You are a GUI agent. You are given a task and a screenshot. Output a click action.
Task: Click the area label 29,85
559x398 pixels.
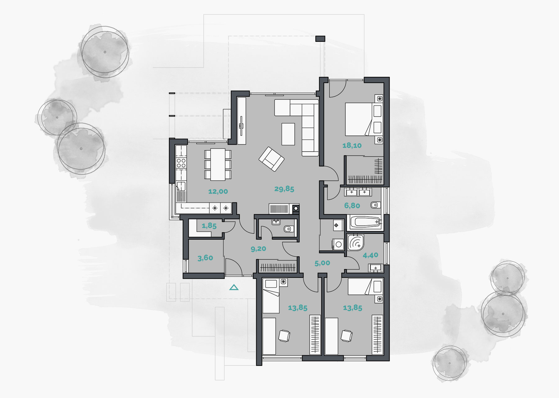pyautogui.click(x=284, y=189)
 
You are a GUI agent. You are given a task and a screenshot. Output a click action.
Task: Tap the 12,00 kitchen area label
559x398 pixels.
pyautogui.click(x=218, y=192)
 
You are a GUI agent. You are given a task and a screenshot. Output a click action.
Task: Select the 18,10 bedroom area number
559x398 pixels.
pyautogui.click(x=352, y=145)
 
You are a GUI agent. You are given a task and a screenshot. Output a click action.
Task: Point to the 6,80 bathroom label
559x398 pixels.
pyautogui.click(x=352, y=206)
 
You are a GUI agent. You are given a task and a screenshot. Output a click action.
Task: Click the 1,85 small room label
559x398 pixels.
pyautogui.click(x=209, y=226)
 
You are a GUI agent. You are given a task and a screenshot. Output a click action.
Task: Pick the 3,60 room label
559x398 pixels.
pyautogui.click(x=205, y=258)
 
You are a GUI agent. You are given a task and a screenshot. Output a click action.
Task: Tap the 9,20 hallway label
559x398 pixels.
pyautogui.click(x=258, y=249)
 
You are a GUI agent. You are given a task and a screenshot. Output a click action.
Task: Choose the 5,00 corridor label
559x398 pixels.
pyautogui.click(x=322, y=263)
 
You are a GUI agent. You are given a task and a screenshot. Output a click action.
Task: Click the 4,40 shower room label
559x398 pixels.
pyautogui.click(x=370, y=255)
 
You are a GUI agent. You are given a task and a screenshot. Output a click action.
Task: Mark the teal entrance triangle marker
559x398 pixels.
pyautogui.click(x=234, y=288)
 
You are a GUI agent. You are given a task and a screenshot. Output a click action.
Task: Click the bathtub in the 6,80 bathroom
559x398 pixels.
pyautogui.click(x=365, y=222)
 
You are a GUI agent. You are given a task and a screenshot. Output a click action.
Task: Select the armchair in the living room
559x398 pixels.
pyautogui.click(x=271, y=159)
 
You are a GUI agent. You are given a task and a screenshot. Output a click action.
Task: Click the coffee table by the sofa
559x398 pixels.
pyautogui.click(x=288, y=134)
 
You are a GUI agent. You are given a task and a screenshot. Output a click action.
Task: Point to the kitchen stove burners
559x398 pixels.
pyautogui.click(x=181, y=163)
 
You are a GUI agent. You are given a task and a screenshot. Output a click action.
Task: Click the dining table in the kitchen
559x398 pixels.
pyautogui.click(x=218, y=164)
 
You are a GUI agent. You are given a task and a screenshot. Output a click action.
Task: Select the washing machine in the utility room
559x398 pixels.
pyautogui.click(x=338, y=244)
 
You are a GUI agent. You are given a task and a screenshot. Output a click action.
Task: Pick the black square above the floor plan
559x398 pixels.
pyautogui.click(x=320, y=39)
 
